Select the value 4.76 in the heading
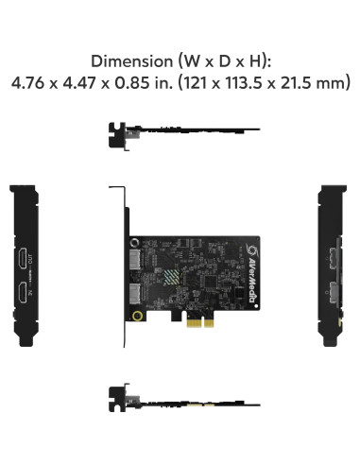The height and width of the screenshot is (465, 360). [30, 83]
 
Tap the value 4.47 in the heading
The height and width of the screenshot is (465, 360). [83, 83]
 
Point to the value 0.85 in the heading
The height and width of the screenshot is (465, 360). [136, 83]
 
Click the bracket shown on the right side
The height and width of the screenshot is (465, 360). [332, 274]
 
